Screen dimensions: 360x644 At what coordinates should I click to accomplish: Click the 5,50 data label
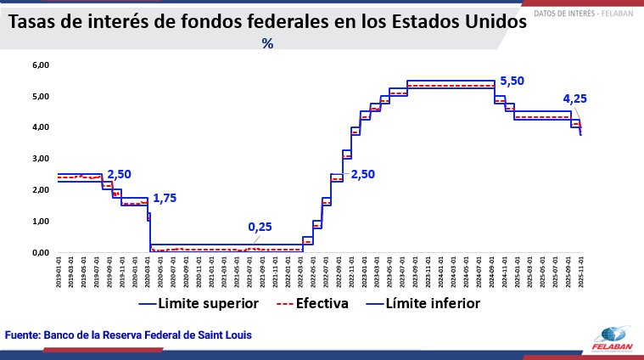(x=512, y=81)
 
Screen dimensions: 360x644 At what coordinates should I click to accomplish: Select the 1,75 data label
(x=165, y=198)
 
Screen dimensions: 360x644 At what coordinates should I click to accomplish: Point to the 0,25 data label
(x=260, y=227)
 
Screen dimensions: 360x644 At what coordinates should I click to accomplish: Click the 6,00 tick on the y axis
(x=41, y=65)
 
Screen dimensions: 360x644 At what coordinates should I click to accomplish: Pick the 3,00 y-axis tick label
(x=41, y=159)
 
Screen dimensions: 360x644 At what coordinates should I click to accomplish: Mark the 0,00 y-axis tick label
(x=41, y=252)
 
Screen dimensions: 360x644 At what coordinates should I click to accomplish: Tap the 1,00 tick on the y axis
(x=41, y=221)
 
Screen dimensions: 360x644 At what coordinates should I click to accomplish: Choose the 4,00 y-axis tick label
(x=41, y=127)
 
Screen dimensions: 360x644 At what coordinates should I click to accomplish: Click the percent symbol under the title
(x=267, y=43)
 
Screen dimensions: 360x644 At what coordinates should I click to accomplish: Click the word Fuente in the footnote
(x=23, y=335)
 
